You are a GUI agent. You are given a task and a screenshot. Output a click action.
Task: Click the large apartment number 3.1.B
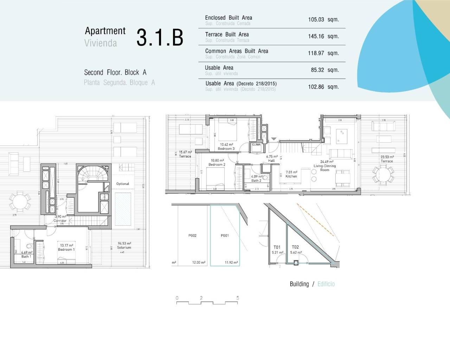pos(160,37)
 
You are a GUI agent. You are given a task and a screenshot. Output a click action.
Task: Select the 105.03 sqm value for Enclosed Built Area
pos(323,20)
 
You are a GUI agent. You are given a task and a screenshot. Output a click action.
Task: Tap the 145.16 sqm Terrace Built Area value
pos(323,36)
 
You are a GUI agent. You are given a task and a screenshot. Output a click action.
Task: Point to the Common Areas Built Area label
pos(237,51)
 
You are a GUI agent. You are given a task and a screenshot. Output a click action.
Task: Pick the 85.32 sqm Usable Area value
pos(324,70)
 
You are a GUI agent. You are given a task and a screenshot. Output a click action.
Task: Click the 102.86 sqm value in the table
pos(323,87)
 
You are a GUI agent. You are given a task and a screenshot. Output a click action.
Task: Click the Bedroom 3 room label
pos(226,147)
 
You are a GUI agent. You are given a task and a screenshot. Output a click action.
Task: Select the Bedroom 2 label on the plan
pos(217,163)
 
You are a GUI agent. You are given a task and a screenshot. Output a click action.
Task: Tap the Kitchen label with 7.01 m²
pos(291,174)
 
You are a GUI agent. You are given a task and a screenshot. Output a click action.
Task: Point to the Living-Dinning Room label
pos(325,166)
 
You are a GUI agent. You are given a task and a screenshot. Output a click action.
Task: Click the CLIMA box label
pos(256,144)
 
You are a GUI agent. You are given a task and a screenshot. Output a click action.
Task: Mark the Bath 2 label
pos(256,179)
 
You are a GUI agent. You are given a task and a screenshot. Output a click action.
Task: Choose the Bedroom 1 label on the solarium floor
pos(66,247)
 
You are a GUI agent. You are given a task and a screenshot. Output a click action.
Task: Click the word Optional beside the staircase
pos(123,184)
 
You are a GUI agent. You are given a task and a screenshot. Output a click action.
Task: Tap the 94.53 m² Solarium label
pos(124,245)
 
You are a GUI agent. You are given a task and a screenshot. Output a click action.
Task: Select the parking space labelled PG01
pos(225,236)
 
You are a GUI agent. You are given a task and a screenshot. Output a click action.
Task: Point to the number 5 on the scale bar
pos(238,298)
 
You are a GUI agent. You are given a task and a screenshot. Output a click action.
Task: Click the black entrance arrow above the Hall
pos(274,139)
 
